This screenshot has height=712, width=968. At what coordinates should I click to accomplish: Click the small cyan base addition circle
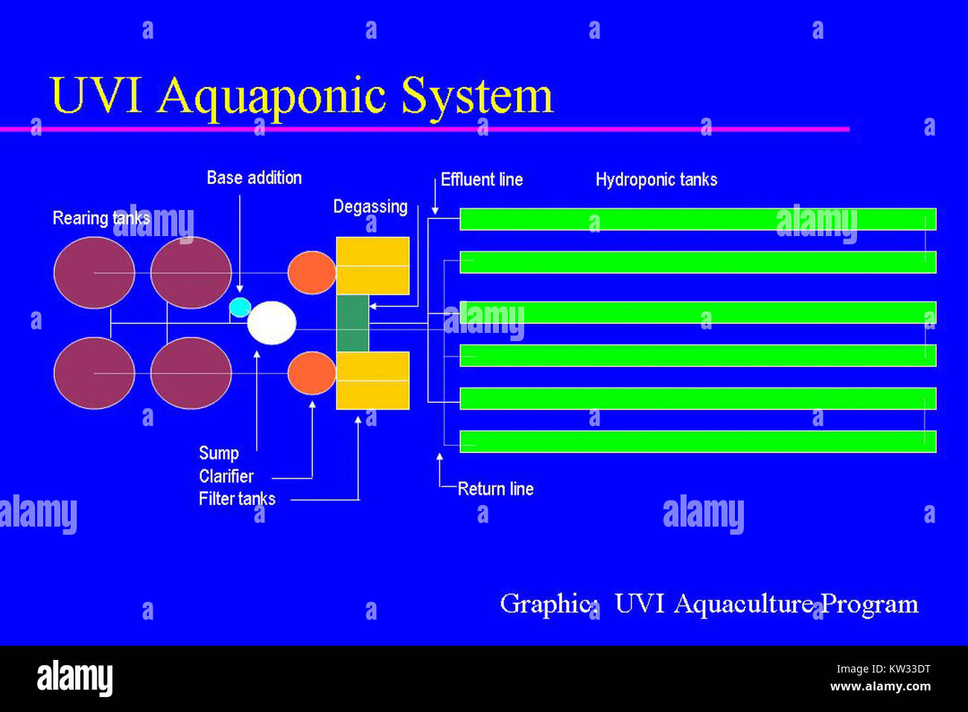[240, 307]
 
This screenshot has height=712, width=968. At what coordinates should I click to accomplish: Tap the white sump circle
[272, 322]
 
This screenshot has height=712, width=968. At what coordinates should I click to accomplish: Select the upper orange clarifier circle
[311, 273]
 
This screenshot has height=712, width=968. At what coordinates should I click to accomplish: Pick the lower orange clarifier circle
[311, 373]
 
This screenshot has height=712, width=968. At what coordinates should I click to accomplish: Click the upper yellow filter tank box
[372, 266]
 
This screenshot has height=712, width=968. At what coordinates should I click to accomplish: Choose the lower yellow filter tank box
[372, 380]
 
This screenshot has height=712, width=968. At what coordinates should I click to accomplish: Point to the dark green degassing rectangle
[352, 323]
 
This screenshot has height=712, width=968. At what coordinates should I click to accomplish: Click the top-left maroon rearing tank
[94, 273]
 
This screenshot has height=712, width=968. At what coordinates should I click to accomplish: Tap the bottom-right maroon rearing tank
[191, 373]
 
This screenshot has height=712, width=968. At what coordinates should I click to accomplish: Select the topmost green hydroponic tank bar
[697, 219]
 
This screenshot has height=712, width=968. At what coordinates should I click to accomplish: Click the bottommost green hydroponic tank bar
[697, 442]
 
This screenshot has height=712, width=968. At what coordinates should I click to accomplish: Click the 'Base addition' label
[254, 178]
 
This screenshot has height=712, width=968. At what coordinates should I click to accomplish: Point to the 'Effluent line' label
[482, 179]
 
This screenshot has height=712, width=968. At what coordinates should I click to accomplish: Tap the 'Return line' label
[495, 489]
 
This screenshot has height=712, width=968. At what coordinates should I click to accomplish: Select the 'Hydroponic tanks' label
[656, 179]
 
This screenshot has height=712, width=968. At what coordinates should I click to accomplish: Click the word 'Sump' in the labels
[218, 454]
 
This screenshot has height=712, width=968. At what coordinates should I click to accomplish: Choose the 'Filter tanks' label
[237, 499]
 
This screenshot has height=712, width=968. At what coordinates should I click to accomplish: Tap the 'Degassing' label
[370, 207]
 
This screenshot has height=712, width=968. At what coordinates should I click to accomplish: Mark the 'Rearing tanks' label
[101, 218]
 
